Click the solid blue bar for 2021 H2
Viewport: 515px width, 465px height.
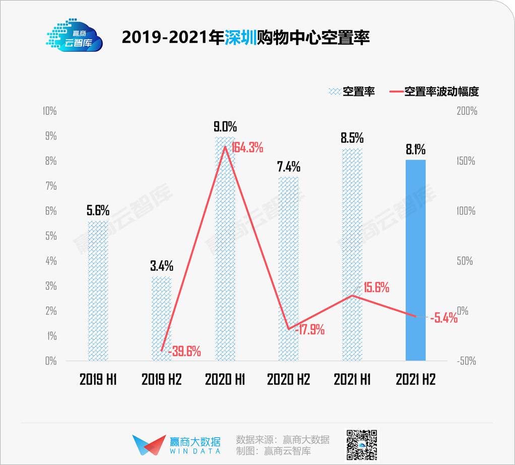(x=416, y=260)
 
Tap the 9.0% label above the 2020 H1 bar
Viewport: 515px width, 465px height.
(x=225, y=126)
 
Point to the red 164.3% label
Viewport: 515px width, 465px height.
(x=247, y=148)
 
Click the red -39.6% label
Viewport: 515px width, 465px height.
(x=184, y=351)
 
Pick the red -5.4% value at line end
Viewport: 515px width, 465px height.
(x=443, y=318)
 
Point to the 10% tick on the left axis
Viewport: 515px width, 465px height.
(x=49, y=111)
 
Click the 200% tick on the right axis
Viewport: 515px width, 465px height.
(x=466, y=111)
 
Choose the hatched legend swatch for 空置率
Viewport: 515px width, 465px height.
(x=334, y=92)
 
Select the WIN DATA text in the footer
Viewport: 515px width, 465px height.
(x=194, y=451)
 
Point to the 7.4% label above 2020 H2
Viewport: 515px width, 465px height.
(x=289, y=166)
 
